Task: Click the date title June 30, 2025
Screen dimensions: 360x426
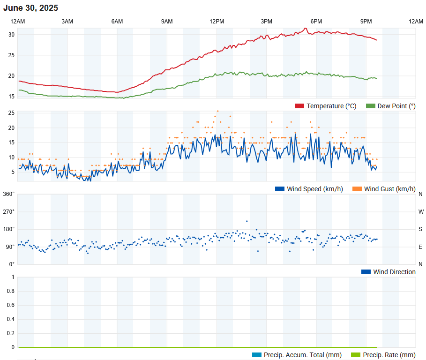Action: tap(31, 8)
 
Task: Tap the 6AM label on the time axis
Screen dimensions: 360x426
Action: tap(117, 22)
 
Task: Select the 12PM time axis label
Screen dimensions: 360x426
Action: tap(217, 22)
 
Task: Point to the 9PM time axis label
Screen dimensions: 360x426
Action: tap(366, 22)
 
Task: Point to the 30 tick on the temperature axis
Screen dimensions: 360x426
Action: tap(11, 35)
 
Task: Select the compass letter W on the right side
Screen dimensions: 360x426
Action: tap(420, 211)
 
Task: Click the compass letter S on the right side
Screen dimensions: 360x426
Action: tap(420, 229)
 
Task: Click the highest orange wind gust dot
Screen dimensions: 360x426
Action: tap(217, 111)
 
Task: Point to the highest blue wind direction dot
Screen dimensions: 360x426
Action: tap(247, 221)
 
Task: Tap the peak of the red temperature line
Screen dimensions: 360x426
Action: tap(306, 28)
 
